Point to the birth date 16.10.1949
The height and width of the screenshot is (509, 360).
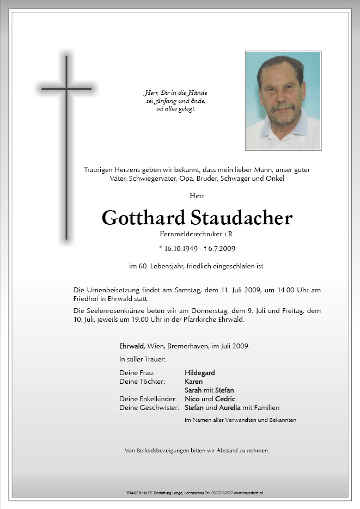183,248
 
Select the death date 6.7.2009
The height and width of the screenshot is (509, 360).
221,248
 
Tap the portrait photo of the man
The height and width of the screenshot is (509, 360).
283,101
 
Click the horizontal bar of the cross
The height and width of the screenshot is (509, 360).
66,88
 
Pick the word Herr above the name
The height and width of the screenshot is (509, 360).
197,195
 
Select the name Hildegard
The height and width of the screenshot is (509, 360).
199,373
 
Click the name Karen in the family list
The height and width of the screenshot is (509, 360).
193,382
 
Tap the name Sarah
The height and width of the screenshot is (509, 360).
193,390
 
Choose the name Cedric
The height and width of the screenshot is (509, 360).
225,399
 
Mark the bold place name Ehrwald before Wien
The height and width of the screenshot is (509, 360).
131,346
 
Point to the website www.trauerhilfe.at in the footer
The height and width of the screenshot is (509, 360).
249,493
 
